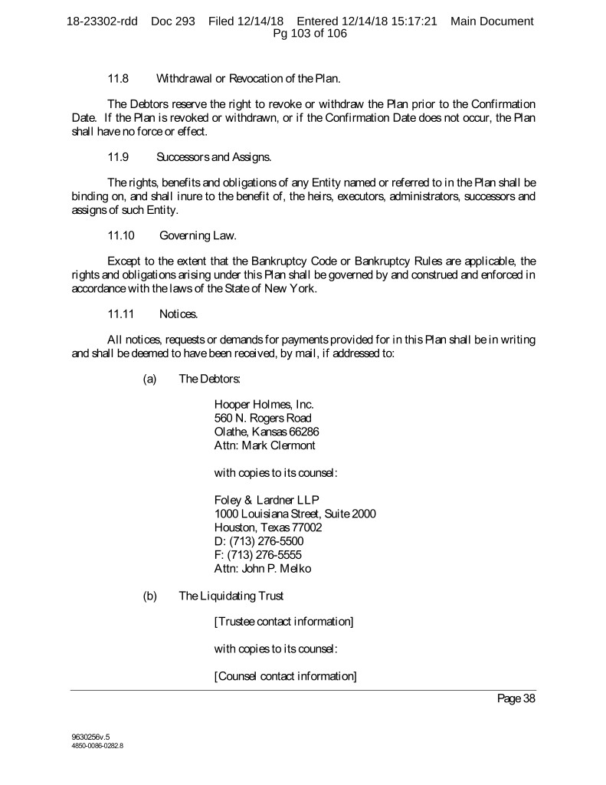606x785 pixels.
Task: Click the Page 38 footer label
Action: coord(516,698)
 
